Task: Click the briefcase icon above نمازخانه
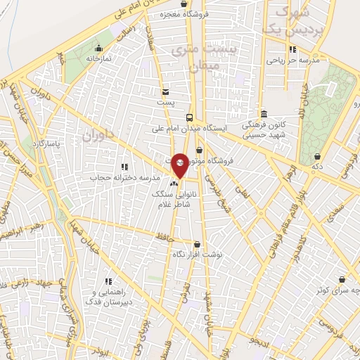(x=99, y=49)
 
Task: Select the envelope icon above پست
(x=165, y=91)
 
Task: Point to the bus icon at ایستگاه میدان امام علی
(x=189, y=117)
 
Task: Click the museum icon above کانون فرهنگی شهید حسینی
(x=264, y=114)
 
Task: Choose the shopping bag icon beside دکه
(x=318, y=157)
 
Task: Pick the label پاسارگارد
(x=48, y=143)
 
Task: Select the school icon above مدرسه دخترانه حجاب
(x=124, y=167)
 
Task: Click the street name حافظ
(x=165, y=239)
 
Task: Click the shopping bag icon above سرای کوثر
(x=342, y=279)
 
